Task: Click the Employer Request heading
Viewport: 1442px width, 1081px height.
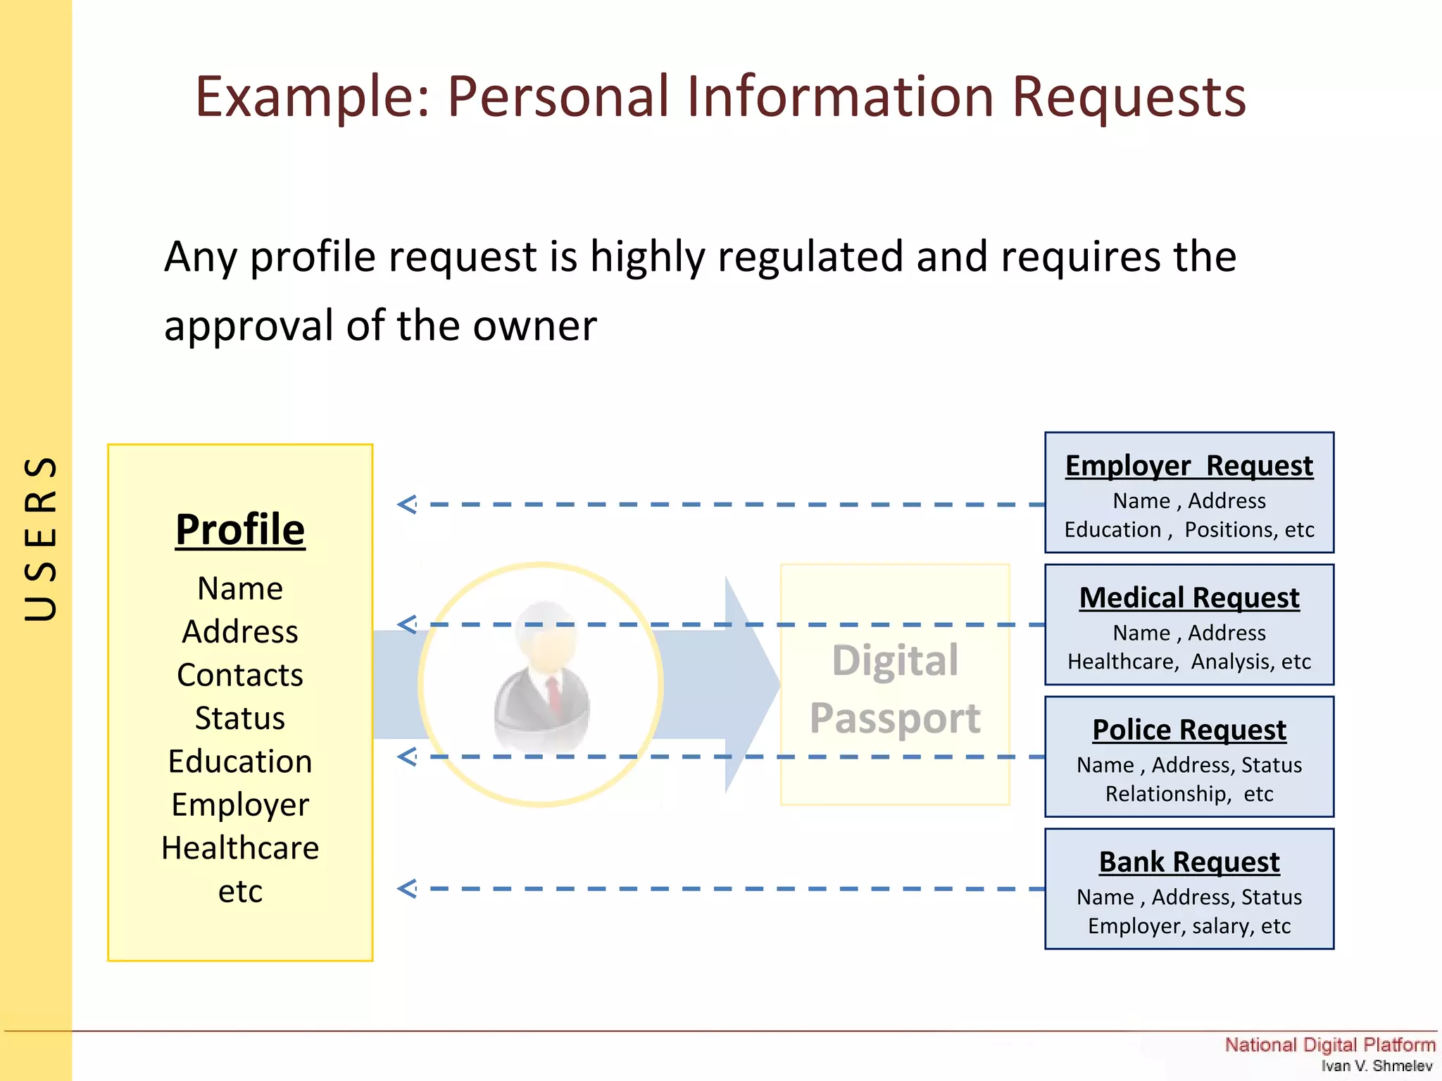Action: point(1189,466)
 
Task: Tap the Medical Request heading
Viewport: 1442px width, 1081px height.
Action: point(1189,598)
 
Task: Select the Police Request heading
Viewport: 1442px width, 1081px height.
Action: point(1189,730)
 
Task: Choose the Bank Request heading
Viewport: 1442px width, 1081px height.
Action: point(1189,862)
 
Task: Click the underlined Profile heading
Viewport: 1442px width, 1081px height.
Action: point(240,529)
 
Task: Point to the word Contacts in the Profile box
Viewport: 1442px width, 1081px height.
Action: point(240,675)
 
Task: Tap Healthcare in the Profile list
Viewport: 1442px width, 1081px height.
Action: point(240,848)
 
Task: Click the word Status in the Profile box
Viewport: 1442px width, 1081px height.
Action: point(240,719)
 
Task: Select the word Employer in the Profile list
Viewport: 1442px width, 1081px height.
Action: point(240,805)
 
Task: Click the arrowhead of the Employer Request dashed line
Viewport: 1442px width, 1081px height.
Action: point(407,505)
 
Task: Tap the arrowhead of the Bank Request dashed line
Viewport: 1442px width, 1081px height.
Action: point(407,889)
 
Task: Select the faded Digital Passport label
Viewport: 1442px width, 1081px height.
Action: point(895,689)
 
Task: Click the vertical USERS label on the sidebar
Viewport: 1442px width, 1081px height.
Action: point(40,538)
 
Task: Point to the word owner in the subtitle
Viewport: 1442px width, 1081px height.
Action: point(534,326)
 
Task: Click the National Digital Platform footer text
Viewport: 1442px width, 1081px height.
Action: point(1329,1044)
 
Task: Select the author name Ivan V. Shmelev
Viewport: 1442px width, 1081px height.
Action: point(1376,1066)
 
